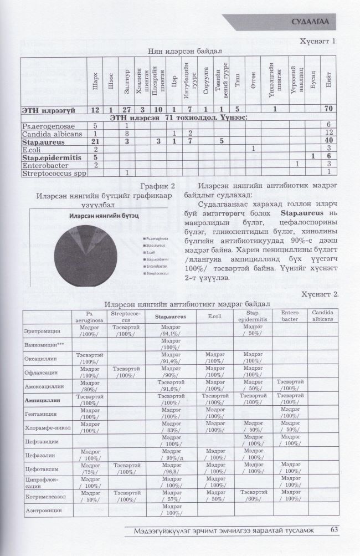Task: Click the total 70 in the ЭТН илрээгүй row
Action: [328, 110]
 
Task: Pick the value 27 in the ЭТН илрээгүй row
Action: [127, 110]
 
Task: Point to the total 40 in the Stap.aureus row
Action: [328, 141]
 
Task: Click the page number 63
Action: [333, 530]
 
